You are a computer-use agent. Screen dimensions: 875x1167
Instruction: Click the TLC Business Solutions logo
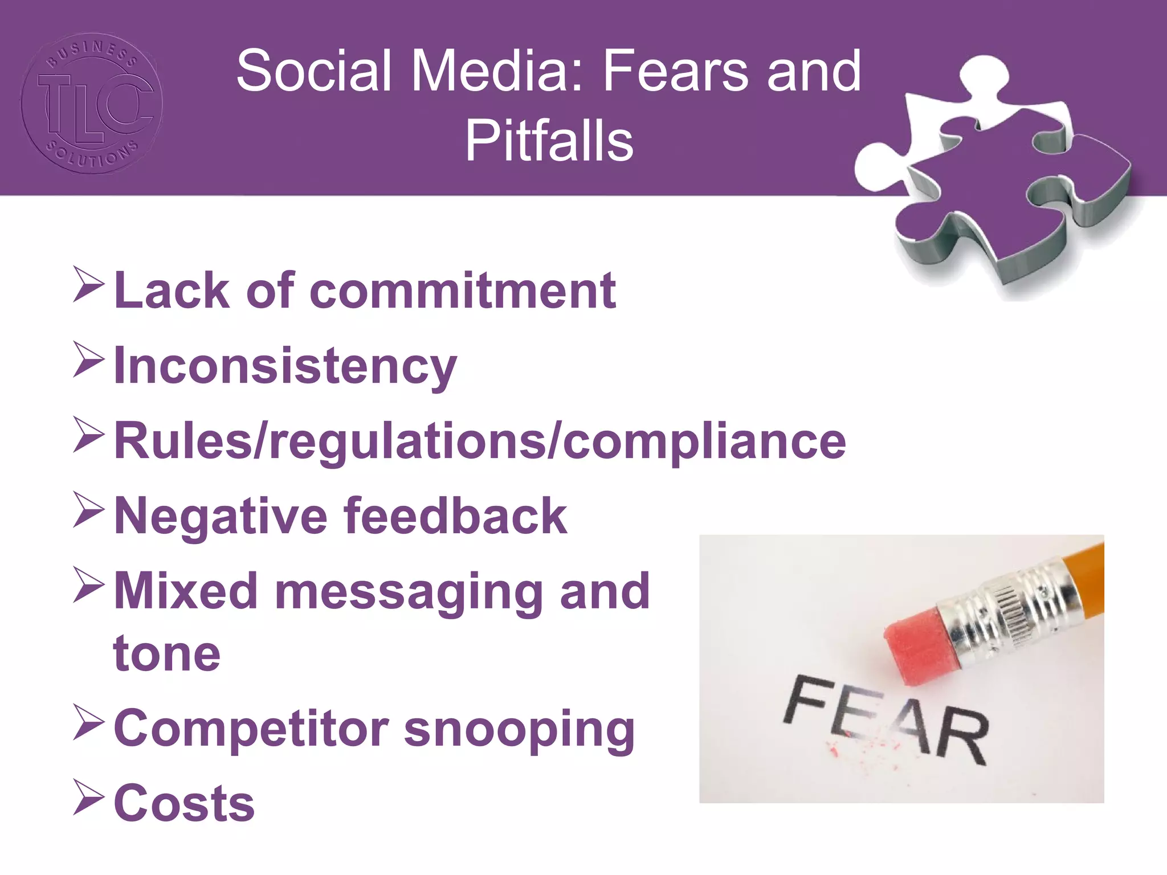click(92, 103)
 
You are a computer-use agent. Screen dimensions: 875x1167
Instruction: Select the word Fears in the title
click(676, 71)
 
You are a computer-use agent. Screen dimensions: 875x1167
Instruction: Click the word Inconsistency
click(285, 366)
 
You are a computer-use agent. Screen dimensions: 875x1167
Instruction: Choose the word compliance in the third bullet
click(704, 441)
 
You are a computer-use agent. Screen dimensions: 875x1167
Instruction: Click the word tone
click(167, 653)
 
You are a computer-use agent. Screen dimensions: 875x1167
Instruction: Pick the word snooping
click(519, 730)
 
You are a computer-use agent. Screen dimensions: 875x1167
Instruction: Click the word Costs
click(184, 803)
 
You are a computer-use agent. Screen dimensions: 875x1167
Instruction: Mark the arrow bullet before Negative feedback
click(89, 510)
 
